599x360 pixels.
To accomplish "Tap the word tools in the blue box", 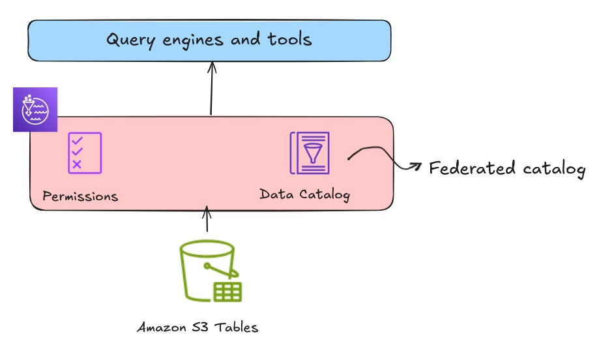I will point(290,39).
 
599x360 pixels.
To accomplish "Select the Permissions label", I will point(80,196).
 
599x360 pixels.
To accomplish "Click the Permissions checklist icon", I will point(85,153).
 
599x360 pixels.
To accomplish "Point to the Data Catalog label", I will point(304,194).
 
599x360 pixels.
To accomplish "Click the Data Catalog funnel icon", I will point(310,153).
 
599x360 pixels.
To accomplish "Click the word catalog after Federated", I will point(555,169).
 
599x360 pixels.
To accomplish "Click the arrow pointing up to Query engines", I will point(211,88).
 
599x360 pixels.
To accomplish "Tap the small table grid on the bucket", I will point(227,292).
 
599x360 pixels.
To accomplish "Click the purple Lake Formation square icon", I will point(35,110).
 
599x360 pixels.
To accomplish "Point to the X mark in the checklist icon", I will point(77,164).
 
